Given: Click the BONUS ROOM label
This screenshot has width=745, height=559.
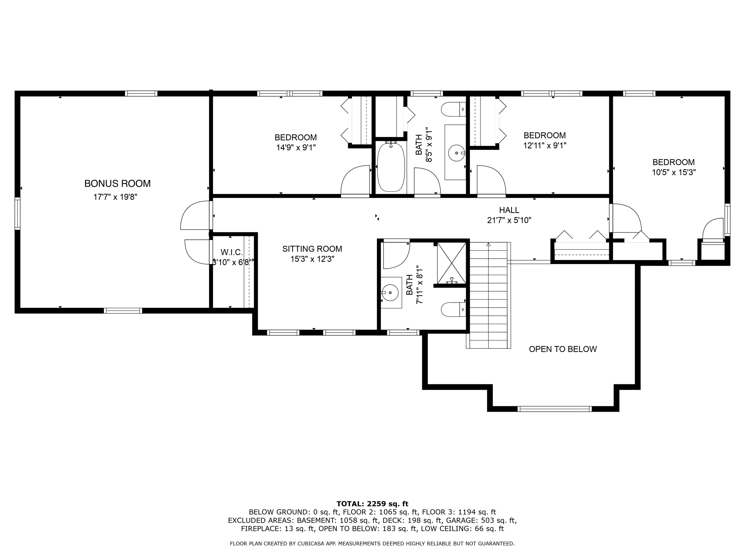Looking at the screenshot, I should point(117,184).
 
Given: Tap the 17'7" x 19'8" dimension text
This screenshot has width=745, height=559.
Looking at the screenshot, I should point(115,197).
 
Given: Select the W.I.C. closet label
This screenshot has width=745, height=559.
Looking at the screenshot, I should point(231,252).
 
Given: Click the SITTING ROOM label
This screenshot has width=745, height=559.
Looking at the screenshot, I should point(312,249).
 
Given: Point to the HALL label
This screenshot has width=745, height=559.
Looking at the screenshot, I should point(509,210).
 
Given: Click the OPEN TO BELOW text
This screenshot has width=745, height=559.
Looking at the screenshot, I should point(562,349).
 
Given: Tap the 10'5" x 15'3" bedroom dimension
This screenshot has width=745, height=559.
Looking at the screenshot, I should point(673,172).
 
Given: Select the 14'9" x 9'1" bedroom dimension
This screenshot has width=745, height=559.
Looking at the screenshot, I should point(296,148).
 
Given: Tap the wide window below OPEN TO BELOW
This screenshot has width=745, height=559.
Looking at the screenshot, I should point(554,409).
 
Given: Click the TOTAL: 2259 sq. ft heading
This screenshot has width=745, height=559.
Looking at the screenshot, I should point(372,504).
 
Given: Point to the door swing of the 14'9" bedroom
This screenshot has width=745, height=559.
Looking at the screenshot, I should point(355,180).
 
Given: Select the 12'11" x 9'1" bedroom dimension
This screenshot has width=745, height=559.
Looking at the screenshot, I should point(545,146).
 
